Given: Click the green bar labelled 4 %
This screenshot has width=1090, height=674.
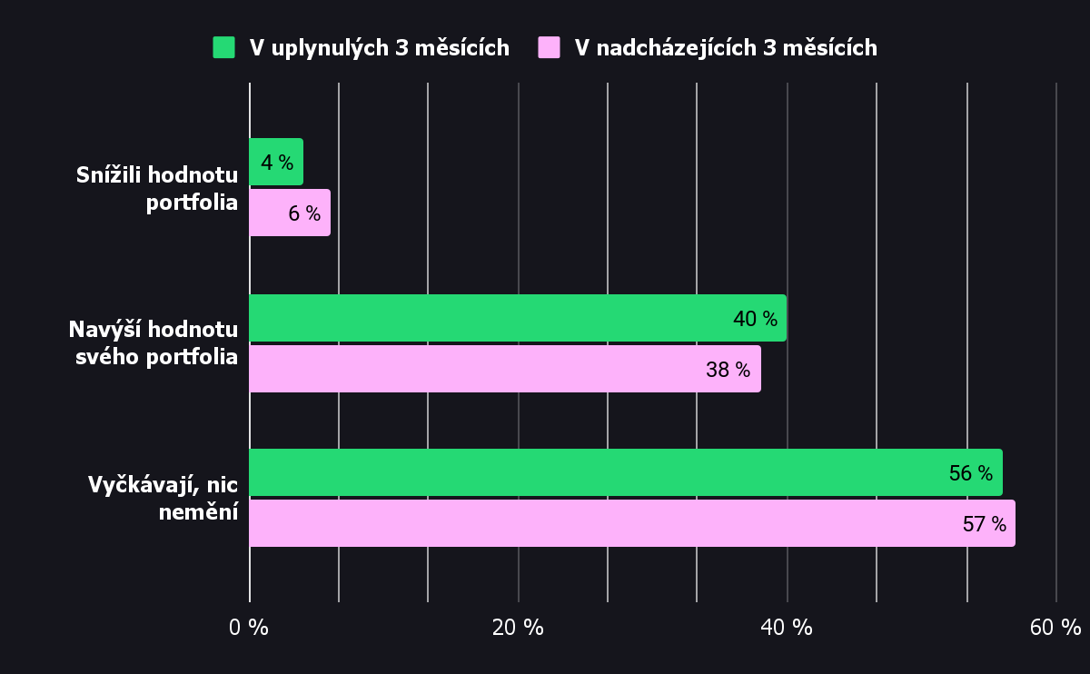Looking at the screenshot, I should (x=276, y=162).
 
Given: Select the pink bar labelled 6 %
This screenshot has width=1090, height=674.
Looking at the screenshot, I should (x=290, y=213).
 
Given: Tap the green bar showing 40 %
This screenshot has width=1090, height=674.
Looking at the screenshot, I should (x=518, y=318).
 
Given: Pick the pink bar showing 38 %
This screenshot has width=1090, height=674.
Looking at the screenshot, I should (x=505, y=369).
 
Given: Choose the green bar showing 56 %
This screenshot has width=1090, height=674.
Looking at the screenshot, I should (x=626, y=472).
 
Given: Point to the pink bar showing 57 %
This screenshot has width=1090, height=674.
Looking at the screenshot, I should (x=632, y=523).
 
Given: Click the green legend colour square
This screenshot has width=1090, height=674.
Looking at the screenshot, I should (x=223, y=47).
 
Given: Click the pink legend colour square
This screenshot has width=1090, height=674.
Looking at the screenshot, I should (x=549, y=47).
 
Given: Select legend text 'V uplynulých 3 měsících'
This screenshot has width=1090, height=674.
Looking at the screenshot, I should (x=380, y=48).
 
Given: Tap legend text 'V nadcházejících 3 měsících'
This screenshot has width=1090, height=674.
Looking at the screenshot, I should (x=726, y=48).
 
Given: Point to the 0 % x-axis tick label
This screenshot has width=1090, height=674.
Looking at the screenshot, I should (x=249, y=627).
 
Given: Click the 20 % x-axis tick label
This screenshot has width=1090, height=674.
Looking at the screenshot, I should (x=518, y=627).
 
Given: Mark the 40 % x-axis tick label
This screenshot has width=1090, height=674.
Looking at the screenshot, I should (x=787, y=627).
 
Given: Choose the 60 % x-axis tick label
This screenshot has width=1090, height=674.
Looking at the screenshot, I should (x=1055, y=627).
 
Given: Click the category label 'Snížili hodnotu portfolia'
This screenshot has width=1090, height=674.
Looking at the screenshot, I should (x=157, y=188).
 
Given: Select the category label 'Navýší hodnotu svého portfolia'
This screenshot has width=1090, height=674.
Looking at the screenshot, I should (x=154, y=342).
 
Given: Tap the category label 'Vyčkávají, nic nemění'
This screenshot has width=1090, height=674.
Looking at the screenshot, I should (x=163, y=498).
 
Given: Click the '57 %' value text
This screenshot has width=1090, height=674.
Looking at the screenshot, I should (x=985, y=524).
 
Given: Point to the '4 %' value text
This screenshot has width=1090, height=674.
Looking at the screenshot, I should (x=277, y=163).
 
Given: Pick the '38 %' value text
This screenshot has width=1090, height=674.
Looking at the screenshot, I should (x=728, y=370).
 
